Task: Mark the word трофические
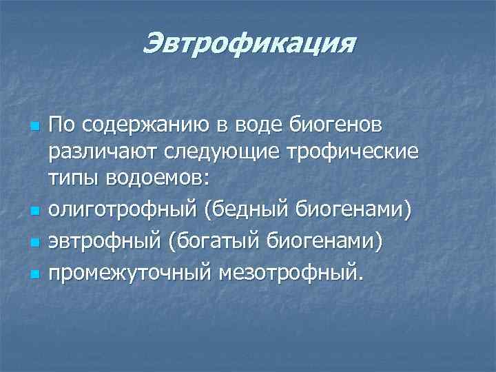point(359,152)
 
